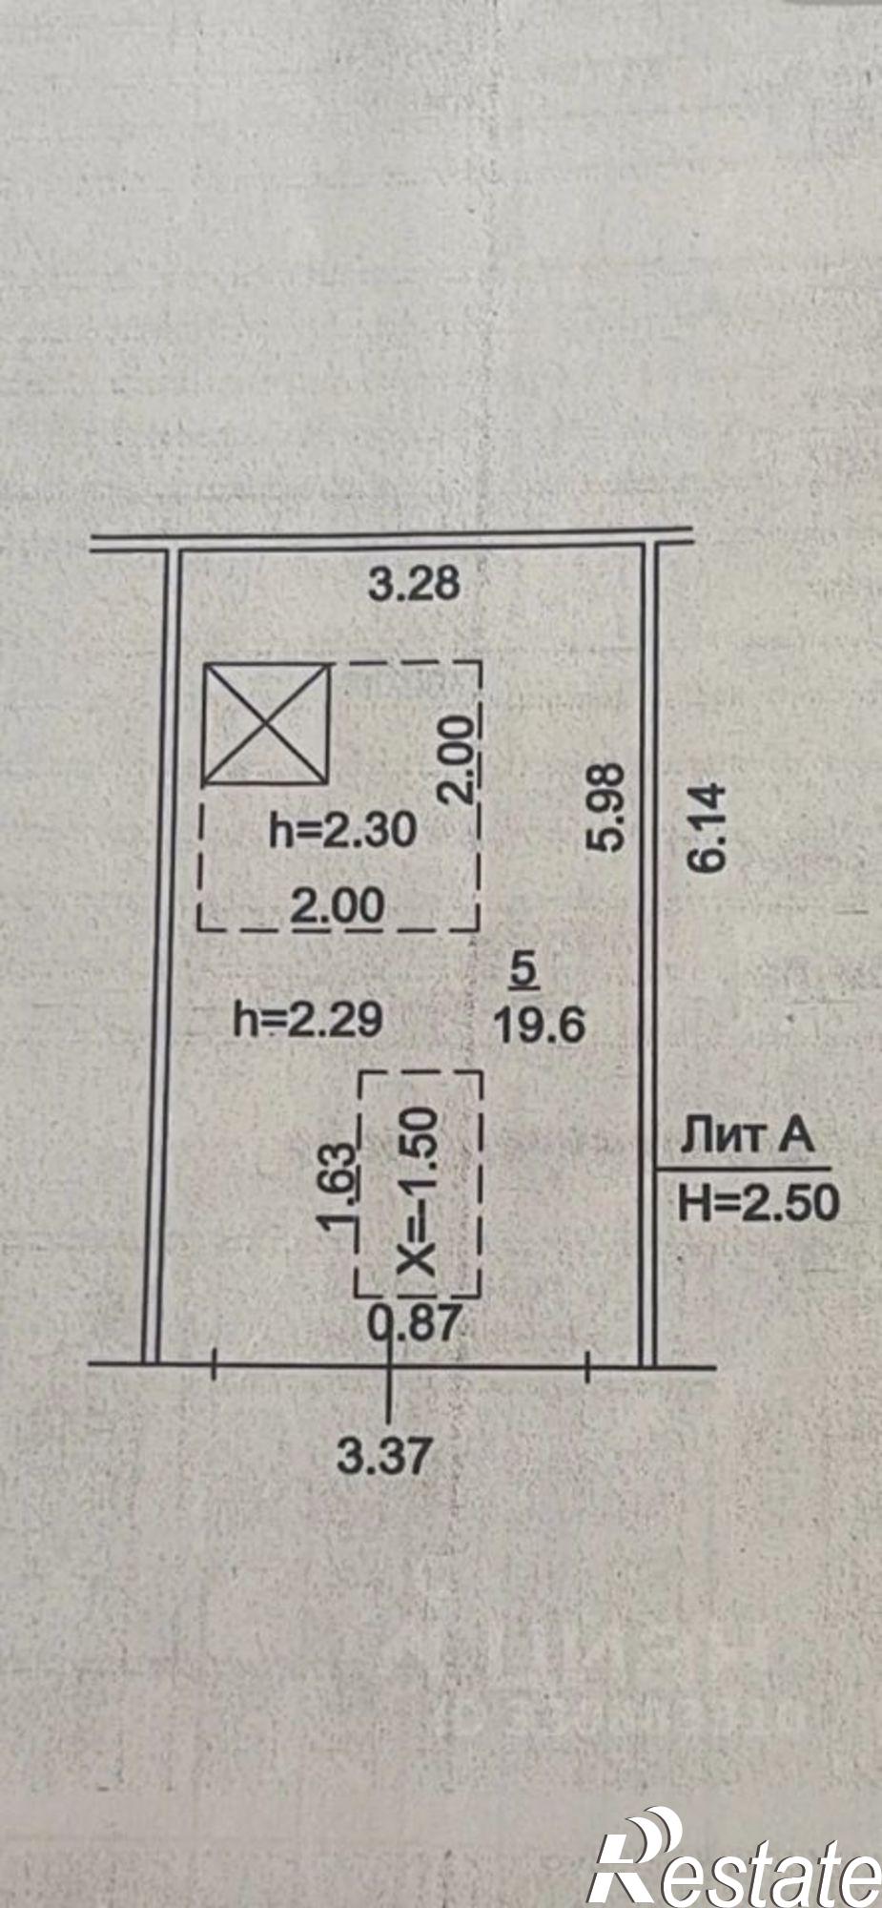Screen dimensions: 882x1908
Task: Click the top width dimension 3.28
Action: (415, 583)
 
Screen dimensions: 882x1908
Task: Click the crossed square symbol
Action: (266, 724)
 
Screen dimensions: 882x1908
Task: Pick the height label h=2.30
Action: (343, 831)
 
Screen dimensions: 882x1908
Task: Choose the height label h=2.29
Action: (308, 1021)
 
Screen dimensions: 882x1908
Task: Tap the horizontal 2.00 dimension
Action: (338, 907)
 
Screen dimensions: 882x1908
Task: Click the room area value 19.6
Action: (539, 1027)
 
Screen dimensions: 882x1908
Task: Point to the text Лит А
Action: (748, 1138)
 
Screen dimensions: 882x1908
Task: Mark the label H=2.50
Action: (759, 1203)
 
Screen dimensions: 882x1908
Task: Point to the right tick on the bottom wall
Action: (587, 1367)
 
